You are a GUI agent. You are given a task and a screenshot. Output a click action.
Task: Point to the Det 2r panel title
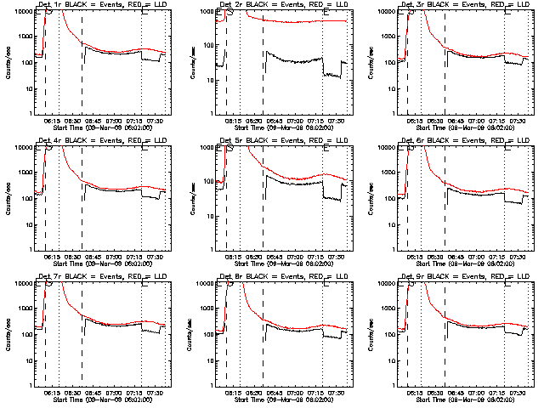tap(276, 5)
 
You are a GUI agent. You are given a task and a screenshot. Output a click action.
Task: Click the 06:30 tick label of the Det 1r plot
tap(71, 120)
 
